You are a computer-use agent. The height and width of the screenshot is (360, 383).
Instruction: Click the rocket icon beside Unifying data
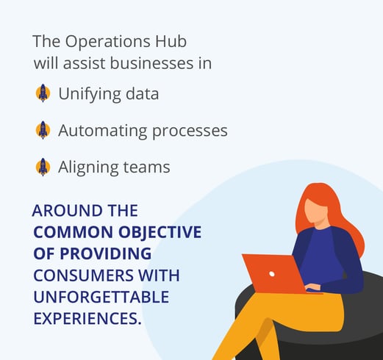click(x=43, y=93)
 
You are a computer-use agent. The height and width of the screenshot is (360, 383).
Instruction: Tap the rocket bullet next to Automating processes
click(x=43, y=130)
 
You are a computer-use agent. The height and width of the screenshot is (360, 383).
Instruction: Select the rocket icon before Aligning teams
click(x=43, y=167)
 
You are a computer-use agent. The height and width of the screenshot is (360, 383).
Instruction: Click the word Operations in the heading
click(x=107, y=42)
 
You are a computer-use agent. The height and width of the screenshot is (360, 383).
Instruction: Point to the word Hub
click(x=171, y=41)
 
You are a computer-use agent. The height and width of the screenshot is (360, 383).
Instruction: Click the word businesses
click(x=151, y=63)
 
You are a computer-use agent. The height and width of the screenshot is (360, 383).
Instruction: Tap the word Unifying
click(x=90, y=95)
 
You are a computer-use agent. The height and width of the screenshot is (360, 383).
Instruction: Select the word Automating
click(x=103, y=132)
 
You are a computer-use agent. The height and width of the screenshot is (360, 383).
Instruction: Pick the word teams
click(x=146, y=168)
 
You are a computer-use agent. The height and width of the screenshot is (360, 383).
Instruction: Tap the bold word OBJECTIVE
click(x=160, y=232)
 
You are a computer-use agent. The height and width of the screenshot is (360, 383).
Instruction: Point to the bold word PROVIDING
click(x=105, y=253)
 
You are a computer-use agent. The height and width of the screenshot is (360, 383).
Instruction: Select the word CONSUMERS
click(x=83, y=276)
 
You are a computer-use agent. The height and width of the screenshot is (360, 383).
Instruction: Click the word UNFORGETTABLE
click(x=101, y=297)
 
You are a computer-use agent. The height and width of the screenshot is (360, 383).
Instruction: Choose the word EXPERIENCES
click(x=87, y=318)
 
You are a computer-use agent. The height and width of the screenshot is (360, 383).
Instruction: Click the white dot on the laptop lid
click(x=272, y=274)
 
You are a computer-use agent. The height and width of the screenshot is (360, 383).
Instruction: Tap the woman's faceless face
click(x=315, y=211)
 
